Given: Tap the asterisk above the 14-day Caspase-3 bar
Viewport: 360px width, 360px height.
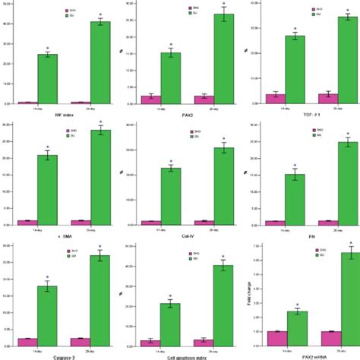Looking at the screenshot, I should [x=47, y=278].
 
